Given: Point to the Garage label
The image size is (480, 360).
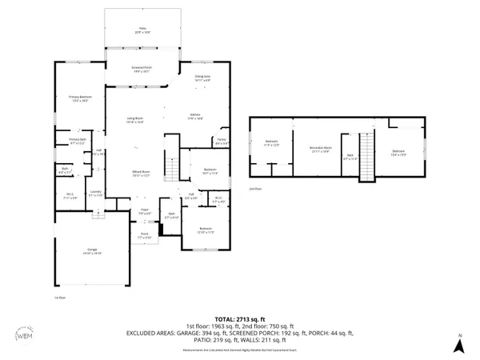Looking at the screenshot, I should (93, 251).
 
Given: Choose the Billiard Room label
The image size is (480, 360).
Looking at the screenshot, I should (142, 175).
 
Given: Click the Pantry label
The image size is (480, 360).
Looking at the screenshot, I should (222, 143).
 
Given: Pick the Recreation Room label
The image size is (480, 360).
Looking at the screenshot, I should (320, 150).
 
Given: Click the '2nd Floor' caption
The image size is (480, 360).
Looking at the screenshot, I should (255, 190).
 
